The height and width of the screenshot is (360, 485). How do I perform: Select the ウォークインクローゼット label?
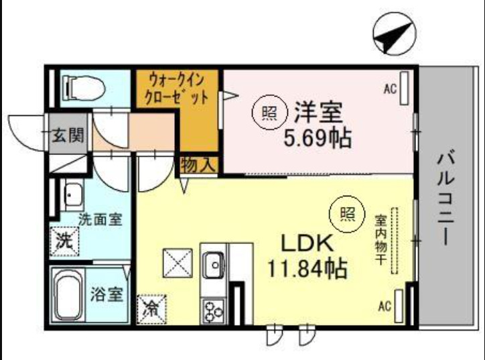pos(177,88)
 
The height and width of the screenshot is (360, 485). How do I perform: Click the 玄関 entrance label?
pos(68,136)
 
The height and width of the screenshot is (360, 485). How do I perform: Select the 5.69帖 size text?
pos(318,138)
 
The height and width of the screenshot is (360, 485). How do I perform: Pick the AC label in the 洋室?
pos(390,88)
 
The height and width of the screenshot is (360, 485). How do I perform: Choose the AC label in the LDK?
pos(384,306)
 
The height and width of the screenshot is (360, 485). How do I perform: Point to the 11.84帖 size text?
pos(307,269)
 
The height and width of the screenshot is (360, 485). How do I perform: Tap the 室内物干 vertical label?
pos(380,239)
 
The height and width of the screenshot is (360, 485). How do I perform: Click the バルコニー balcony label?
pos(447,199)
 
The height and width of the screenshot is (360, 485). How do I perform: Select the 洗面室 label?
pos(100,219)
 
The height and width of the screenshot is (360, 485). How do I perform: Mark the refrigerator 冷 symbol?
pos(151,310)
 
